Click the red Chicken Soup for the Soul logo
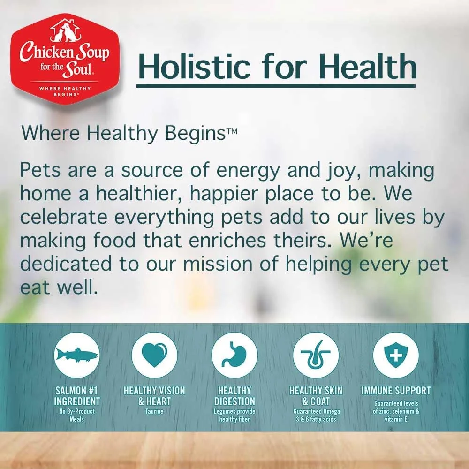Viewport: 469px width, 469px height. point(65,59)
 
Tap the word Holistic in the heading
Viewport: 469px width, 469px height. point(194,66)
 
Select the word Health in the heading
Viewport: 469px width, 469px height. point(367,66)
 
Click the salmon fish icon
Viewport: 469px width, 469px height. point(77,356)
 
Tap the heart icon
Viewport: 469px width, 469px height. point(154,356)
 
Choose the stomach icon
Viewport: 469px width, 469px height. point(234,356)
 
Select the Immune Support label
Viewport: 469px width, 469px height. point(396,391)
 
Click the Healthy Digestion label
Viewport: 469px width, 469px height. point(234,396)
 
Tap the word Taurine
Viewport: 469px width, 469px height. point(154,411)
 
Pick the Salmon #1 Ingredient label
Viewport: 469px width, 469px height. point(77,396)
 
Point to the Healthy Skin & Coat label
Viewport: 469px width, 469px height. point(316,396)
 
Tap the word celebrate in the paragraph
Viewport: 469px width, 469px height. point(63,217)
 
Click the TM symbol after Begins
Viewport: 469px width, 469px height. point(232,132)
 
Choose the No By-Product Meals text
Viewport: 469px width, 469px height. point(77,415)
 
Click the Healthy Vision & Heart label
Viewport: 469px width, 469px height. point(154,396)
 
